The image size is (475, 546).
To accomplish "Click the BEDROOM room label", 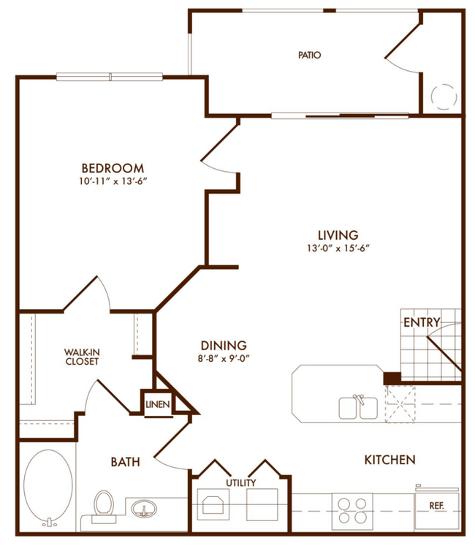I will (x=113, y=167).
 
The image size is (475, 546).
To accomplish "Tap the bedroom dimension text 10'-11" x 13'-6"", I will (x=113, y=181).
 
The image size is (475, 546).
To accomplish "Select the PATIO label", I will (x=310, y=55).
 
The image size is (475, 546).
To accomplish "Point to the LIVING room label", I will (x=338, y=235).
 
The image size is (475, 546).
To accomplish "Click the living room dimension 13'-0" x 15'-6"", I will (x=338, y=248).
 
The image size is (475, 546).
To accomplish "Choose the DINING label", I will (x=224, y=346).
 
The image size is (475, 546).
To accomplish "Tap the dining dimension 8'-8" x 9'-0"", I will (x=224, y=358).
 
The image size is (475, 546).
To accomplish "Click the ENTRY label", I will (x=422, y=322).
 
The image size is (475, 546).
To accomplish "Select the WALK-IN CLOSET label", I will (x=82, y=356).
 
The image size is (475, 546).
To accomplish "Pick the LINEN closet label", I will (x=158, y=404).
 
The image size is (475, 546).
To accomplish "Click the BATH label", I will (x=125, y=462).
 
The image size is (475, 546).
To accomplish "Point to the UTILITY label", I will (x=240, y=482).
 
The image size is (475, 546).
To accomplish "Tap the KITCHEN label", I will (x=389, y=460).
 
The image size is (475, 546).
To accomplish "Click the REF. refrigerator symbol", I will (x=437, y=505).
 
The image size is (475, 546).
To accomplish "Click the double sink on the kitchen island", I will (x=358, y=406).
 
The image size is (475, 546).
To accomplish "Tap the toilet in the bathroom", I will (x=103, y=505).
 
